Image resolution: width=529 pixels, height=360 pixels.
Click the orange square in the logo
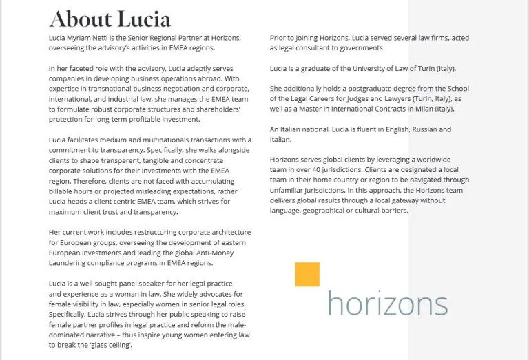coord(307,274)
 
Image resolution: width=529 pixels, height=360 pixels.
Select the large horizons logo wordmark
coord(387,303)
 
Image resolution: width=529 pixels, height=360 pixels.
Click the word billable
coord(63,191)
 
